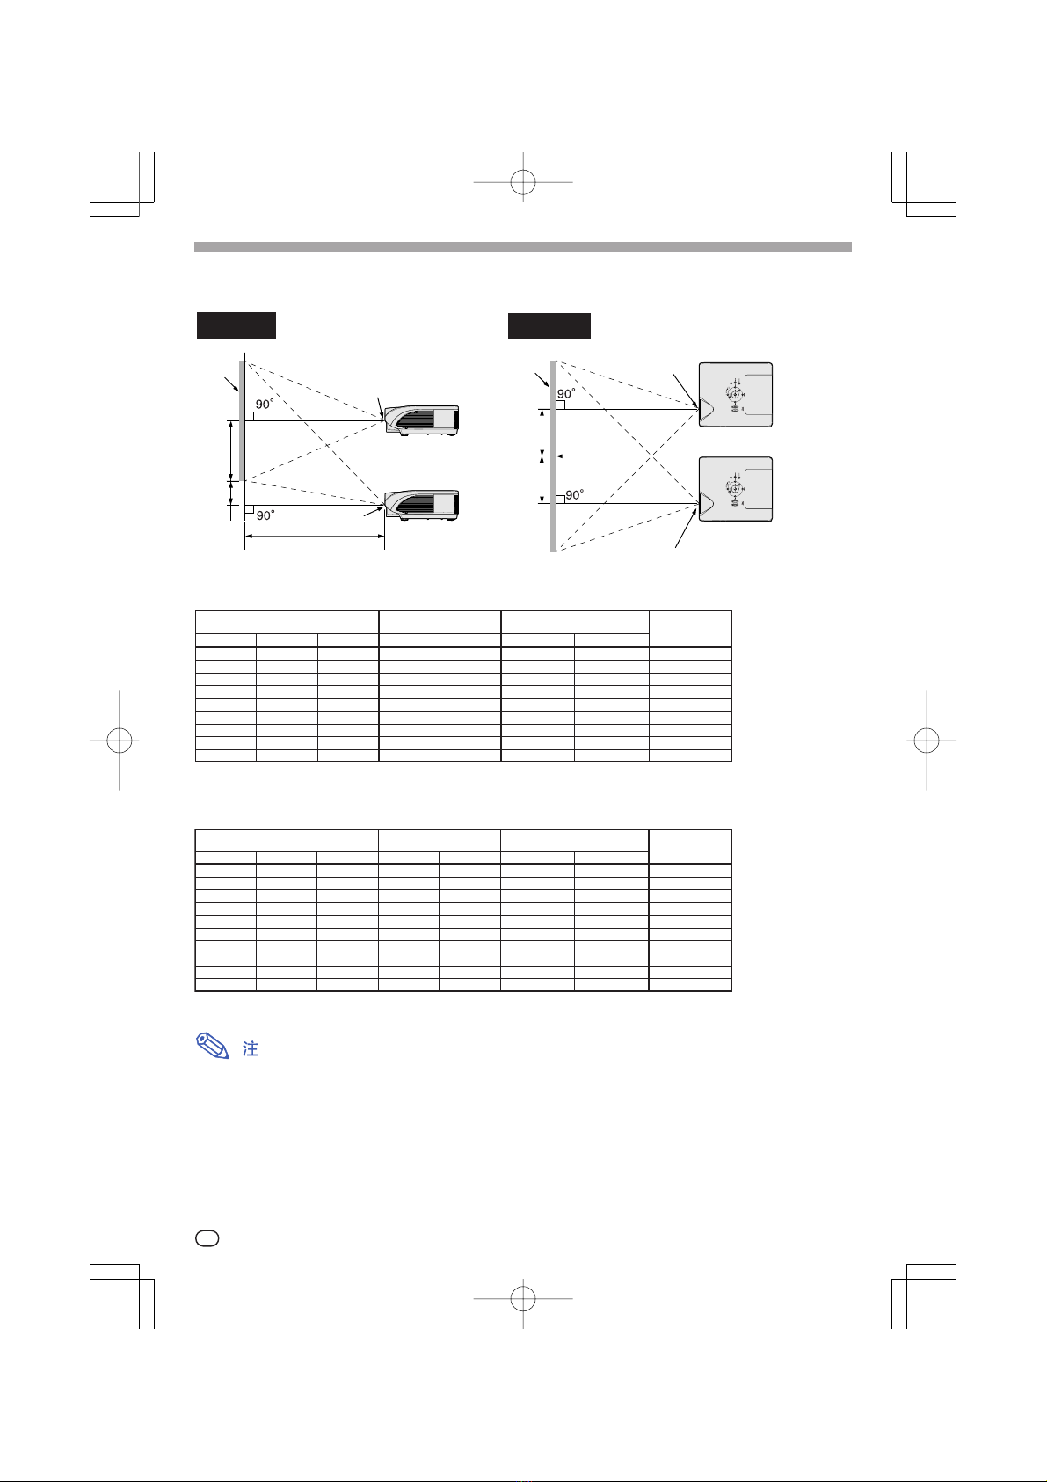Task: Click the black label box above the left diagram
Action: tap(236, 325)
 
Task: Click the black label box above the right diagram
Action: tap(549, 326)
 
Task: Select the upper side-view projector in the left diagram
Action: tap(422, 420)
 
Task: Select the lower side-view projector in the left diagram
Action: tap(422, 506)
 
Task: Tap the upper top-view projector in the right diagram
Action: tap(736, 395)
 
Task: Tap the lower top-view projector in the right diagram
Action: tap(736, 489)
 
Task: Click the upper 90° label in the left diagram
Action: tap(265, 405)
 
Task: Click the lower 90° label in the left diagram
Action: tap(265, 515)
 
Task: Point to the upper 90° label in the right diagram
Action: tap(566, 394)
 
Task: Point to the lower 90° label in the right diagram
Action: tap(575, 495)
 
